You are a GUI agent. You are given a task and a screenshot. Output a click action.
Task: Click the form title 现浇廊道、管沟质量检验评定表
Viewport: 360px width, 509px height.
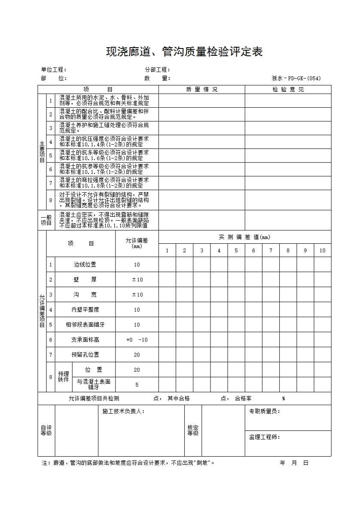184,52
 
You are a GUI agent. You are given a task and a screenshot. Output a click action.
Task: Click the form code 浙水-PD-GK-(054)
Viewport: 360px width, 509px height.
296,78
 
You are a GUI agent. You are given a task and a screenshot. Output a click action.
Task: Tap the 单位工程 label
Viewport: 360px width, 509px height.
54,70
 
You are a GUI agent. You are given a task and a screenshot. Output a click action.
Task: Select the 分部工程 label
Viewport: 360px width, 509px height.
158,70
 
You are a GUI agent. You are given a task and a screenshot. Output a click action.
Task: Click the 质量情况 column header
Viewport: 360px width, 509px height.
201,89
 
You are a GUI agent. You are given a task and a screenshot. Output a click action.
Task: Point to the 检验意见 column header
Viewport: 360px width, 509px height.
288,89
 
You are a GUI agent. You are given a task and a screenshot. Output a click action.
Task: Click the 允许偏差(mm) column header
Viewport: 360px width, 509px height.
137,243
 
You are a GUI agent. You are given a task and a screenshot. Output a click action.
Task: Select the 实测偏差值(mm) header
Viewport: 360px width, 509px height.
244,237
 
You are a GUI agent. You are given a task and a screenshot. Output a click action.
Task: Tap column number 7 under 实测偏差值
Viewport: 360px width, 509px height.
271,251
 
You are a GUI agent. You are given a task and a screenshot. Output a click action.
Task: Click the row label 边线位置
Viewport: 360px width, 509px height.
85,265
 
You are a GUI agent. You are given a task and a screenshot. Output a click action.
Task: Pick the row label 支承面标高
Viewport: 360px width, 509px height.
85,339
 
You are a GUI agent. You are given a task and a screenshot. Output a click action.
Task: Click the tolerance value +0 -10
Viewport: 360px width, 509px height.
137,339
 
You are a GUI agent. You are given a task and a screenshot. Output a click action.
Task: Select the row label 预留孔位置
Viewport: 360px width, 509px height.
85,354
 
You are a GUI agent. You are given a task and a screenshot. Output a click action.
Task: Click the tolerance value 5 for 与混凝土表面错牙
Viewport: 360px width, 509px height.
137,385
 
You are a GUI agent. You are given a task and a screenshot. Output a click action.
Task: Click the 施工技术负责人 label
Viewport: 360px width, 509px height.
124,411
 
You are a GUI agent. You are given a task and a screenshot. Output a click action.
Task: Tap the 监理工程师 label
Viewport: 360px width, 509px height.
265,437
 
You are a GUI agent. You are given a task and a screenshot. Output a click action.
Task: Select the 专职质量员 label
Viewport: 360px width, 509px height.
265,411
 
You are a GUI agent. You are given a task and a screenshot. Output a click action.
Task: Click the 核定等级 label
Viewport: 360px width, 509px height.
193,430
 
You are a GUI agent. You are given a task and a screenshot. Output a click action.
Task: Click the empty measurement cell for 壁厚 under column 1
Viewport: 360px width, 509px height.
167,280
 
